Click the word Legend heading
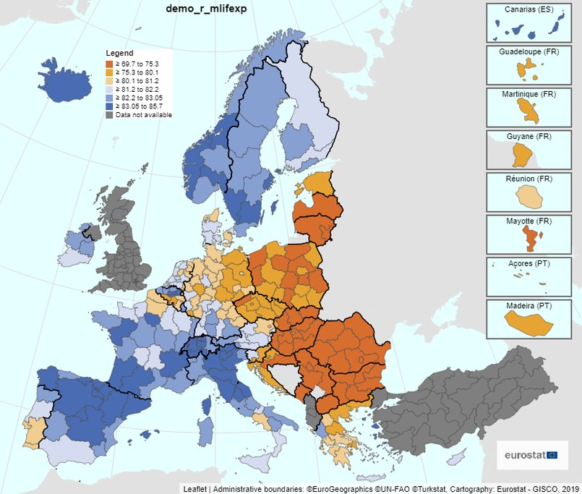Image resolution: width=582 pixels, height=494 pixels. coord(119,54)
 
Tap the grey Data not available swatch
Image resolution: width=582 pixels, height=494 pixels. coord(110,114)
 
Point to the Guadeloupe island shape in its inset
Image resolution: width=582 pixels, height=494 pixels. coord(527,71)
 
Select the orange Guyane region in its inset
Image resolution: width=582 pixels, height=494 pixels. coord(521,154)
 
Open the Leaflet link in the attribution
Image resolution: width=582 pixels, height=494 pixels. coord(194,489)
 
